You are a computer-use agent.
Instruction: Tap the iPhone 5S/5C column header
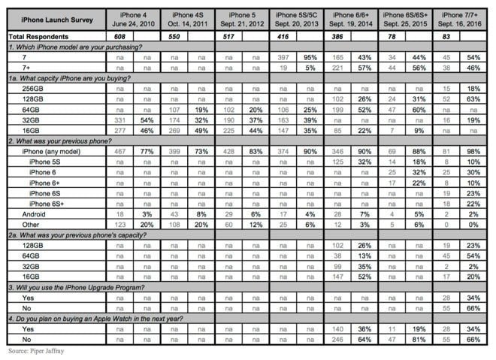pyautogui.click(x=296, y=19)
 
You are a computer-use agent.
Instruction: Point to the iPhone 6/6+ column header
pyautogui.click(x=351, y=19)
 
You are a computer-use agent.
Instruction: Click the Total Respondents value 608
pyautogui.click(x=118, y=35)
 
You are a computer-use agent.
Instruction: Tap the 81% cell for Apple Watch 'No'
pyautogui.click(x=419, y=339)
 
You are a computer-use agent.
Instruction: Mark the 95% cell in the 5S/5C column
pyautogui.click(x=309, y=56)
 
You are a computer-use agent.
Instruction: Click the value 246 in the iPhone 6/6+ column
pyautogui.click(x=337, y=339)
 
